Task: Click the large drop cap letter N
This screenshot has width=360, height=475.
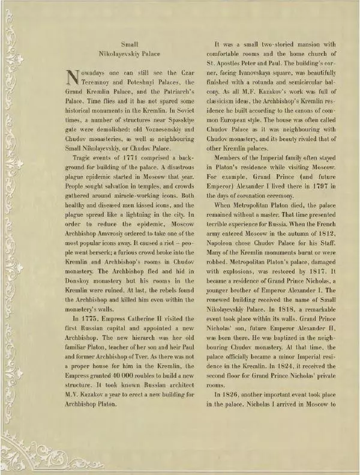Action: (71, 77)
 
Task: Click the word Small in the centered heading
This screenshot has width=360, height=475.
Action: (130, 44)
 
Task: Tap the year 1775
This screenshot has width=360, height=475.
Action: (91, 318)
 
